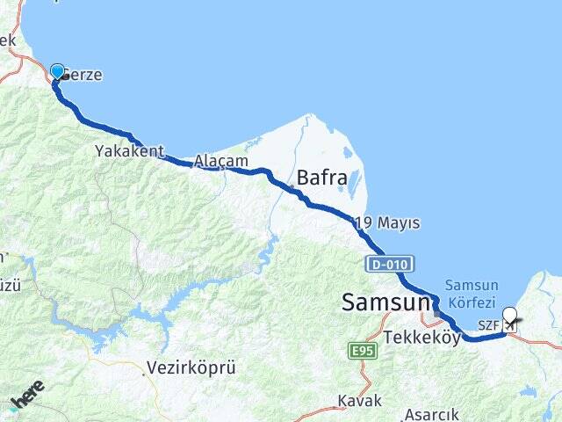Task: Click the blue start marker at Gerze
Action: [x=57, y=72]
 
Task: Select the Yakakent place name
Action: [x=130, y=151]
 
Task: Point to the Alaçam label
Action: [x=220, y=161]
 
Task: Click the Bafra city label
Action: [x=322, y=177]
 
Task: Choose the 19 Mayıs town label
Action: [x=386, y=223]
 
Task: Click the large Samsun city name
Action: [x=385, y=303]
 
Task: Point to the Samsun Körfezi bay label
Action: [x=472, y=293]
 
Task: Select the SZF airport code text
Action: [x=489, y=325]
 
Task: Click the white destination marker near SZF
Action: [x=509, y=316]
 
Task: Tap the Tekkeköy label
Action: [x=421, y=338]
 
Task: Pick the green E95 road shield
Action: [x=358, y=352]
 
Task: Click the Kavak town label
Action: [x=359, y=401]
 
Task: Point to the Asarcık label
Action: [x=431, y=413]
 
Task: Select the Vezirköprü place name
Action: [x=191, y=367]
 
